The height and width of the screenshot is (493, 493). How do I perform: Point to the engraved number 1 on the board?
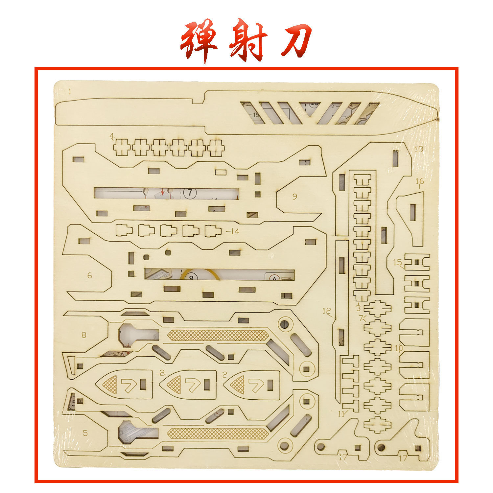pos(70,92)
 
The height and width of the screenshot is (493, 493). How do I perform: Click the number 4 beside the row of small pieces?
pos(112,136)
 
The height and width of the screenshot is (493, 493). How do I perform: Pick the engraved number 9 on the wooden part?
pos(294,196)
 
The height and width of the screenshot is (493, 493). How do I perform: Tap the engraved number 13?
pos(418,149)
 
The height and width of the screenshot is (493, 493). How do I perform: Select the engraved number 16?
pos(420,181)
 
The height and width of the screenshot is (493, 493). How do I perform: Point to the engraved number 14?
pos(234,231)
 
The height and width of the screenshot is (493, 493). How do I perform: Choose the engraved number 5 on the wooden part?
pos(85,433)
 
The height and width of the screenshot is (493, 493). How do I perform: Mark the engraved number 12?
pos(327,311)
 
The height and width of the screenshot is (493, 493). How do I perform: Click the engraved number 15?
pos(397,262)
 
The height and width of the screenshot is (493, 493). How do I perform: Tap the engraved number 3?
pos(358,308)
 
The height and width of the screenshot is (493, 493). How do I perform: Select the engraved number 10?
pos(399,348)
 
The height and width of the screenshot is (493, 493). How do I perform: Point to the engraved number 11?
pos(341,413)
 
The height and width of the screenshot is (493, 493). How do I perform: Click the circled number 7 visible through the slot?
pos(190,193)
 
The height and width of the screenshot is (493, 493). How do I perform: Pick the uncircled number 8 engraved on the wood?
pos(84,335)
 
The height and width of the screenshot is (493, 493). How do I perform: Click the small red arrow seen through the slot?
pos(162,192)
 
